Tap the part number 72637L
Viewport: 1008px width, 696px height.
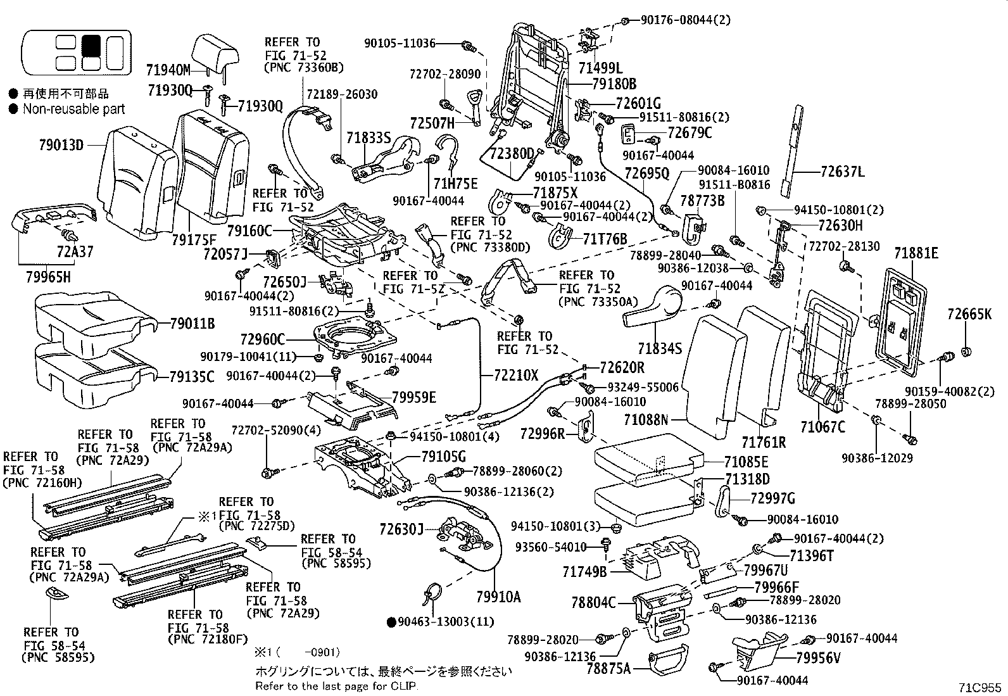tap(843, 172)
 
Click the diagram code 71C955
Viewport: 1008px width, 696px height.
tap(980, 687)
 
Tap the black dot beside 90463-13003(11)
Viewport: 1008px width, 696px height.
tap(391, 622)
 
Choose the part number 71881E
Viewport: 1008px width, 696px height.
tap(916, 254)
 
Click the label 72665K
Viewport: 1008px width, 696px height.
tap(969, 313)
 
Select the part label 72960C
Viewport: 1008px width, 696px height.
tap(263, 339)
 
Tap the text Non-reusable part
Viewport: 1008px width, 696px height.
tap(73, 109)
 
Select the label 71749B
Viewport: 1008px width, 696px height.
tap(584, 572)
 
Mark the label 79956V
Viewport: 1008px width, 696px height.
tap(818, 659)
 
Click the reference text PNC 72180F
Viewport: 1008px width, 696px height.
tap(199, 640)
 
